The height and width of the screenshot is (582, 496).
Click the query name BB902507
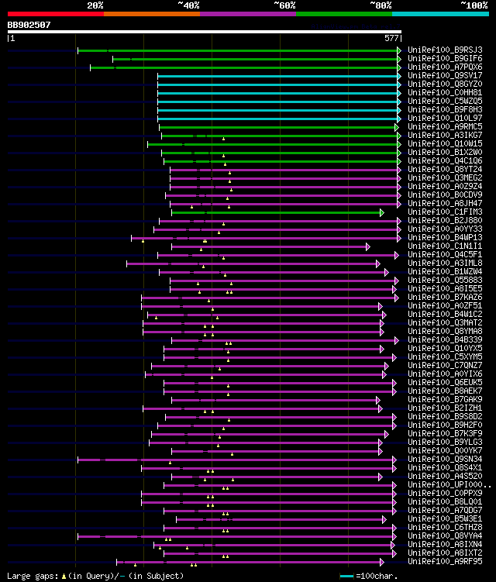pos(29,25)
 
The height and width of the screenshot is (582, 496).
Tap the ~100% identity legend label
pos(474,5)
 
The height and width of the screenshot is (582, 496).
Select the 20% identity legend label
pos(95,5)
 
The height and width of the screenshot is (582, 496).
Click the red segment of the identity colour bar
pos(55,14)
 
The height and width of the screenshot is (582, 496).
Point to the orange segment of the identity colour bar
pos(151,14)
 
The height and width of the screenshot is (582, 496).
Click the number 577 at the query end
pos(392,37)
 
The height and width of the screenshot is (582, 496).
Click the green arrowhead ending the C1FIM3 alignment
pos(382,212)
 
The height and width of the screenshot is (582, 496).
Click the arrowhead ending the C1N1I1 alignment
pos(368,246)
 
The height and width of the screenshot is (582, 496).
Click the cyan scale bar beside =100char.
pos(346,577)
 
